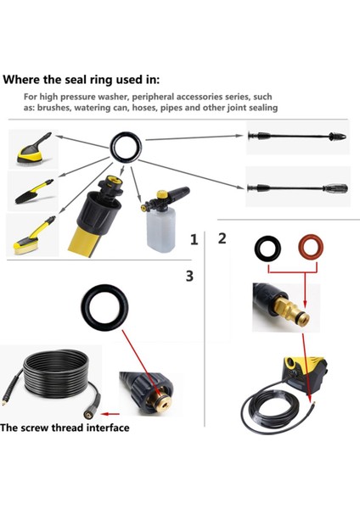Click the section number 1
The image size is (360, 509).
194,241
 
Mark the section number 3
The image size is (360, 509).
189,276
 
